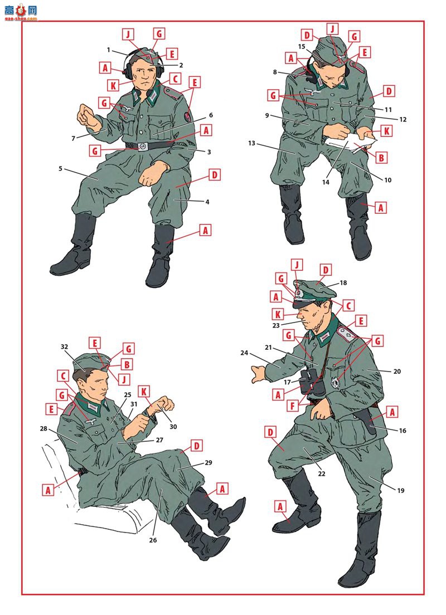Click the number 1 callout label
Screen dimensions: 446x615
pos(108,50)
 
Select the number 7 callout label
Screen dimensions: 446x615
pos(74,138)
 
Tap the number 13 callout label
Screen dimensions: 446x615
pos(251,144)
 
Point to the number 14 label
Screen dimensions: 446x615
pos(326,182)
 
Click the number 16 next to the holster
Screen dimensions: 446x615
pos(403,431)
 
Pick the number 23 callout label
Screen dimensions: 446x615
pos(276,325)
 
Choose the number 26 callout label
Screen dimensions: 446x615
pos(153,540)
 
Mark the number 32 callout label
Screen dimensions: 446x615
pos(64,346)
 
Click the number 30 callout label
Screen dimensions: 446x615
pos(173,427)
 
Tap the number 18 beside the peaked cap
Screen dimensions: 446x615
pos(343,283)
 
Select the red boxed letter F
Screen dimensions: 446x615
pos(293,406)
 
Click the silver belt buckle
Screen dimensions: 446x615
pos(143,146)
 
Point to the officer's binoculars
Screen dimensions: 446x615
pos(312,382)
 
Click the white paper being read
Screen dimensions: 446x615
pos(350,140)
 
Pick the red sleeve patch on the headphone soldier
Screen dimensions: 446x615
pos(188,117)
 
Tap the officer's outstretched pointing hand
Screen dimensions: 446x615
pos(259,373)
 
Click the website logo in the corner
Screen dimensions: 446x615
pos(21,12)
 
